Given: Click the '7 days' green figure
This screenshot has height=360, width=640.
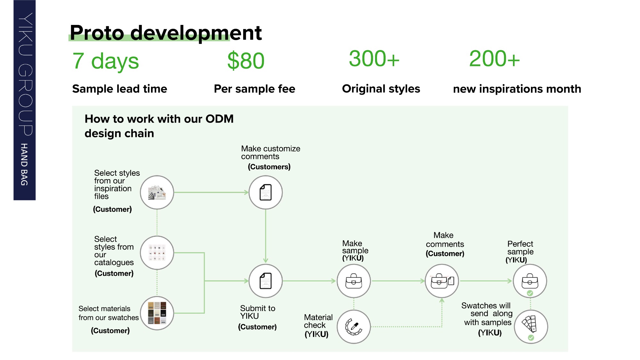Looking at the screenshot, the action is pos(106,61).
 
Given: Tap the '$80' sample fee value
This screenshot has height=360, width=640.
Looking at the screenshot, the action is pos(246,60).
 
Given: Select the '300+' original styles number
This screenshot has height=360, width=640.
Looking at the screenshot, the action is pos(374,59).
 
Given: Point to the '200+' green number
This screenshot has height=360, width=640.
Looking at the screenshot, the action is pos(494,59).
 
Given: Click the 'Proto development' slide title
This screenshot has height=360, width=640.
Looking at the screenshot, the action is pos(166,33).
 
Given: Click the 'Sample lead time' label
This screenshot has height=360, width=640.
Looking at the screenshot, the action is pos(120,89).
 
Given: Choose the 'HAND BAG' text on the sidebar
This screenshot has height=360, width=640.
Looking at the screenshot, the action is pos(24,164).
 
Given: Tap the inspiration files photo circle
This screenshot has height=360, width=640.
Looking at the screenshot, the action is pos(157,192).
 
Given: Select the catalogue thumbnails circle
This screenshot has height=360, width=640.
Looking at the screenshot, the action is pos(157,253).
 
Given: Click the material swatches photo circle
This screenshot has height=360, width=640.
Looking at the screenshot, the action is pos(157,313).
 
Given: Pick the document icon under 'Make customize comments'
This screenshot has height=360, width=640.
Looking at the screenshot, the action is pos(266,192).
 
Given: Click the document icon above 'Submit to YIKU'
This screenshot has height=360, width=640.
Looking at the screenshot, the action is pos(266,281).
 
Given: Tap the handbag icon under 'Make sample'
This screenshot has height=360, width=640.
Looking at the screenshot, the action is pos(354,281).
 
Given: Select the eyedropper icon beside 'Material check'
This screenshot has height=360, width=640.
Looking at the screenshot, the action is pos(354,327).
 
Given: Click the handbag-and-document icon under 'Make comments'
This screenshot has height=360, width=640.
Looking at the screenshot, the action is pos(442,281).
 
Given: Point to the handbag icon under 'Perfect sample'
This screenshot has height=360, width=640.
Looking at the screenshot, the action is pos(530,281).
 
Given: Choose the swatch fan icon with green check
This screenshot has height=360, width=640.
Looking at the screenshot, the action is pos(531,327).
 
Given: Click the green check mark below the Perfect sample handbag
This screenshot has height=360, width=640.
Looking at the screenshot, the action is pos(530,293).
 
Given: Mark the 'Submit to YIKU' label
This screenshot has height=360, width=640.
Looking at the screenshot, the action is pos(258,312).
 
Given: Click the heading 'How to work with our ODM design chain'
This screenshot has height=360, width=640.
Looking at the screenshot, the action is pos(159,126).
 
